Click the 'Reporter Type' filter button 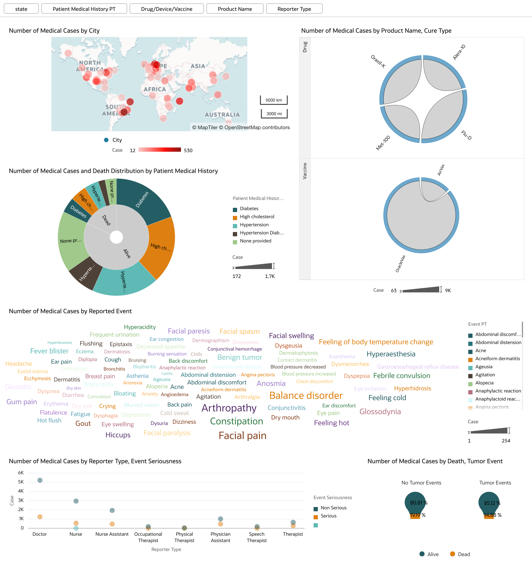(x=294, y=9)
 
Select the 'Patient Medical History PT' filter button (x=84, y=9)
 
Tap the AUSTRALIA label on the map (x=222, y=115)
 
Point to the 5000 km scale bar (x=274, y=100)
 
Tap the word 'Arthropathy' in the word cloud (x=229, y=408)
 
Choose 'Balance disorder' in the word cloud (x=306, y=396)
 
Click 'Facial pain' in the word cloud (x=242, y=436)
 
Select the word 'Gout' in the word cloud (x=83, y=424)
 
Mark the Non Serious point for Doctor (x=40, y=480)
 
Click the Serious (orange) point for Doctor (x=40, y=517)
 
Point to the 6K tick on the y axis (x=21, y=473)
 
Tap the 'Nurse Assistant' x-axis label (x=112, y=534)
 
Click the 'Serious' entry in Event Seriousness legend (x=328, y=516)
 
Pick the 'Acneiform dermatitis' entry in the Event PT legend (x=497, y=358)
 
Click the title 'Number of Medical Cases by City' (x=54, y=31)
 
